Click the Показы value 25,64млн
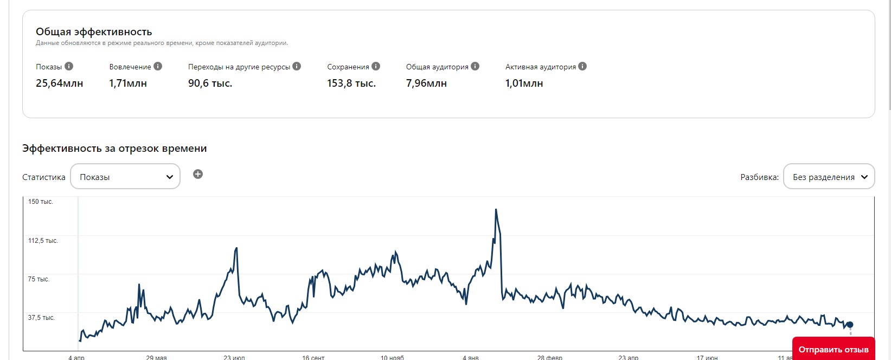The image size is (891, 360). coord(59,83)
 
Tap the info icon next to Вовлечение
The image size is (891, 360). coord(158,66)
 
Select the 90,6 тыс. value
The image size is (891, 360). coord(210,83)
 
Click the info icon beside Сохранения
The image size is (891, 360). coord(376,66)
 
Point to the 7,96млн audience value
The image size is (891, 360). coord(426,83)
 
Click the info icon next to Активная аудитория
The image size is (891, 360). coord(582,66)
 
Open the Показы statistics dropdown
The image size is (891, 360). coord(125,177)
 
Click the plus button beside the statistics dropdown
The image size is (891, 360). coord(198,174)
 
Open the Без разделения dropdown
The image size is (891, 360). coord(829,177)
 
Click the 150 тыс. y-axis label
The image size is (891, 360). coord(41,202)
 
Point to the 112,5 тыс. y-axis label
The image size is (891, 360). coord(43,241)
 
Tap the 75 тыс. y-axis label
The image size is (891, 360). coord(39,279)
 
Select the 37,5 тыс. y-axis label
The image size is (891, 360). coord(41,318)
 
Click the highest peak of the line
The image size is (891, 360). coord(496,210)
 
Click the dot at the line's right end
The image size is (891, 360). coord(850,325)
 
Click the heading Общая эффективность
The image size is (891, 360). coord(94,32)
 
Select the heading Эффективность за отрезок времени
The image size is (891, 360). coord(114,149)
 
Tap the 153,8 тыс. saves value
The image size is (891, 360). coord(351,83)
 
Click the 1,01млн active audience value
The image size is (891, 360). coord(524,83)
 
